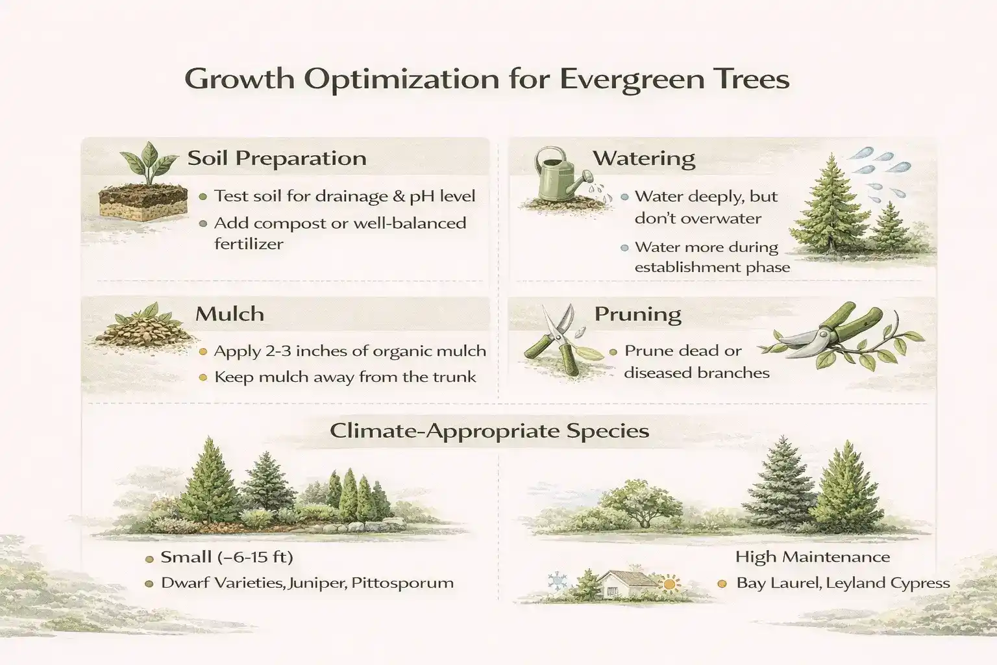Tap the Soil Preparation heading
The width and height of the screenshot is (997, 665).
pos(277,158)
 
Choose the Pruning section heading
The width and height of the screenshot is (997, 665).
pos(637,314)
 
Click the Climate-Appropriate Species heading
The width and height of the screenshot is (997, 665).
pos(489,431)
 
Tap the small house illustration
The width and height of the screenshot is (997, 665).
pos(625,584)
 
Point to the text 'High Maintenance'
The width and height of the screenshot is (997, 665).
pos(812,557)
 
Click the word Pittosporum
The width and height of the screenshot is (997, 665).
pos(402,583)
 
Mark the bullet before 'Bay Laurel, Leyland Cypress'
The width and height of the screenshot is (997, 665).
pos(722,583)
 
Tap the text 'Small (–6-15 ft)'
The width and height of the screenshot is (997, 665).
pos(227,557)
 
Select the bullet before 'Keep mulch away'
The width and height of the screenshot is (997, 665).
pos(203,377)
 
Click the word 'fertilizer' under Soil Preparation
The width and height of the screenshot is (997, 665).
pos(249,244)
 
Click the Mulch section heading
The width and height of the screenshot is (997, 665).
pos(229,314)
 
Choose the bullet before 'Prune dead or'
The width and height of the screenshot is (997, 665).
pos(613,352)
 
